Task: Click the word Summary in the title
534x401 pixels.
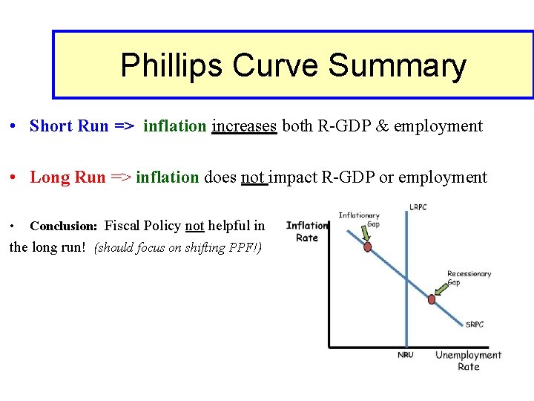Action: [397, 66]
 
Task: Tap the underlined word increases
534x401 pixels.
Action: [244, 126]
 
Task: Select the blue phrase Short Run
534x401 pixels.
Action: [69, 126]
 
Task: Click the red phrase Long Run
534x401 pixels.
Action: [67, 177]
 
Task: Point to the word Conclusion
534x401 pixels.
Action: [63, 226]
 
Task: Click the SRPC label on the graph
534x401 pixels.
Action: [475, 324]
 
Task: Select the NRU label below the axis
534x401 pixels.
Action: [406, 355]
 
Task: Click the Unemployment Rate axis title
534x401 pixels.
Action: [468, 361]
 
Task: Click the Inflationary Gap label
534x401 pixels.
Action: [359, 220]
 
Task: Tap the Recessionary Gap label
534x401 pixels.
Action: [469, 278]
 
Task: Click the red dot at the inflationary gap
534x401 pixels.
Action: [367, 247]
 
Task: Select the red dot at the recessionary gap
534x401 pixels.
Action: [432, 299]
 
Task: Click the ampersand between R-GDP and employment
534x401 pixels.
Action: [383, 126]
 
